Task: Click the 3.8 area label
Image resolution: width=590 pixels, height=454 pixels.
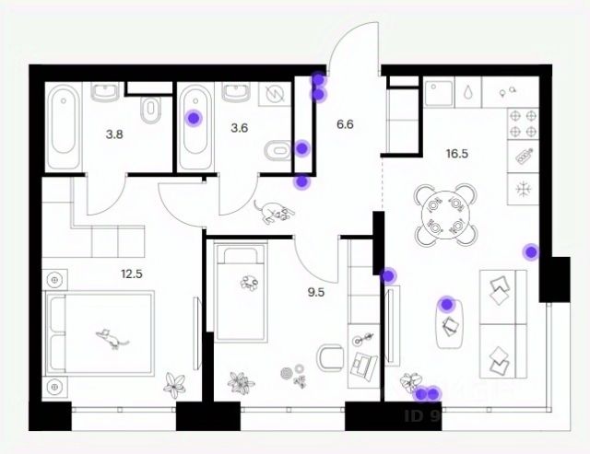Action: tap(114, 134)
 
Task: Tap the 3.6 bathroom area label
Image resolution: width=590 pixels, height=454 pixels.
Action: tap(240, 128)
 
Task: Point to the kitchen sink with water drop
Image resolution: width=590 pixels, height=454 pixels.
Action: tap(470, 93)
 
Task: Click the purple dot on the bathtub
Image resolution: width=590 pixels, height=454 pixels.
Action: tap(194, 117)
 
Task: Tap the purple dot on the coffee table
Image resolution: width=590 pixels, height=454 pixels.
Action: tap(447, 303)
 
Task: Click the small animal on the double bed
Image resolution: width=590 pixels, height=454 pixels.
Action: tap(112, 340)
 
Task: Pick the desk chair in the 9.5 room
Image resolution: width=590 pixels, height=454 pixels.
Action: tap(329, 357)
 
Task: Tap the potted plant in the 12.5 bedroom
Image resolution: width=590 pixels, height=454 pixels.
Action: tap(173, 383)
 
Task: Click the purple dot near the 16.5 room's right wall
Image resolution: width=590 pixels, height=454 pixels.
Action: tap(530, 250)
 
